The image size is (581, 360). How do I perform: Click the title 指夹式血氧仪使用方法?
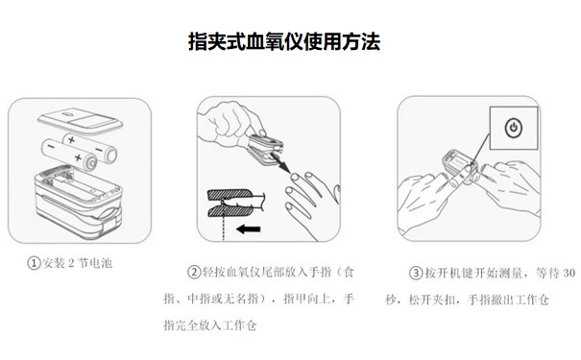[x=290, y=43]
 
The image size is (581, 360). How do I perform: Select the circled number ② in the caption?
[x=193, y=273]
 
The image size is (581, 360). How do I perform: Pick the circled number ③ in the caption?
[x=415, y=273]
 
